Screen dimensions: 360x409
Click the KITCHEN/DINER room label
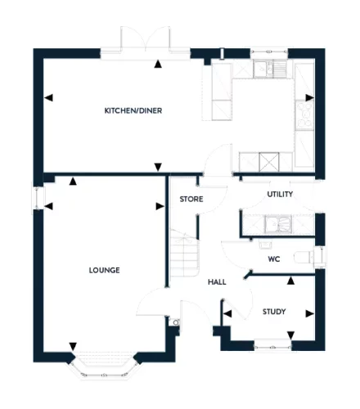point(133,110)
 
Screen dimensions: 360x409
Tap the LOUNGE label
point(104,270)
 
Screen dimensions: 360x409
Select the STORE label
point(191,199)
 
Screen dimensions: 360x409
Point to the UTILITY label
point(280,194)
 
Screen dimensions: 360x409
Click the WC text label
point(274,258)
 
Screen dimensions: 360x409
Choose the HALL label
point(217,282)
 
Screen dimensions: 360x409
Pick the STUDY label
point(274,312)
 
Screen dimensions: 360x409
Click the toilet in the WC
point(304,257)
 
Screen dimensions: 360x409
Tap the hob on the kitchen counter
point(304,115)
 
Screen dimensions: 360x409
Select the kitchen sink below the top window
point(270,69)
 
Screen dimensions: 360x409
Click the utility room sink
point(278,224)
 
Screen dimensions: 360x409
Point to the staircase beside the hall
point(184,253)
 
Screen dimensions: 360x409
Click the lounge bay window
point(104,366)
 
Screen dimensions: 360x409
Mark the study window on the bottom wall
point(272,344)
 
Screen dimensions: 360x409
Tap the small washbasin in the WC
point(265,245)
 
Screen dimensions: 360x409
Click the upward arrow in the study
point(290,281)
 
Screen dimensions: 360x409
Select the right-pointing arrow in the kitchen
point(309,97)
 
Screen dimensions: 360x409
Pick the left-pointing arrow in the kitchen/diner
point(48,97)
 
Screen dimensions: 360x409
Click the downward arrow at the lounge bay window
point(73,346)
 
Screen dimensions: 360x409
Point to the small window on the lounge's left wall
point(38,198)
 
